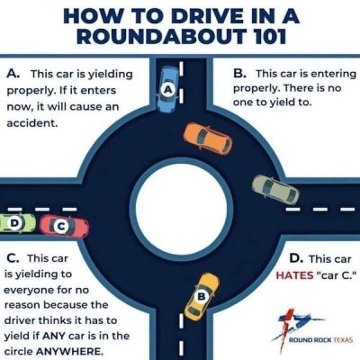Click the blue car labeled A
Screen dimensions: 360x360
click(x=167, y=89)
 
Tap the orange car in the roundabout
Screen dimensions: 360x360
click(x=208, y=139)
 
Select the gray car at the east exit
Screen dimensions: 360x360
click(x=275, y=190)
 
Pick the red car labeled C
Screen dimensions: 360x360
click(x=65, y=227)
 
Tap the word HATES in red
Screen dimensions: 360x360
click(x=294, y=275)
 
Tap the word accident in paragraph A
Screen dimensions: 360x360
click(x=32, y=123)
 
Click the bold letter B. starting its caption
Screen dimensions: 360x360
click(x=240, y=74)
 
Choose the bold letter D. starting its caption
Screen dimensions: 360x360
click(x=296, y=258)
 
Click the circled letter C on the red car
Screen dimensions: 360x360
click(x=61, y=227)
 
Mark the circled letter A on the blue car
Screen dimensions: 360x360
click(x=168, y=89)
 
